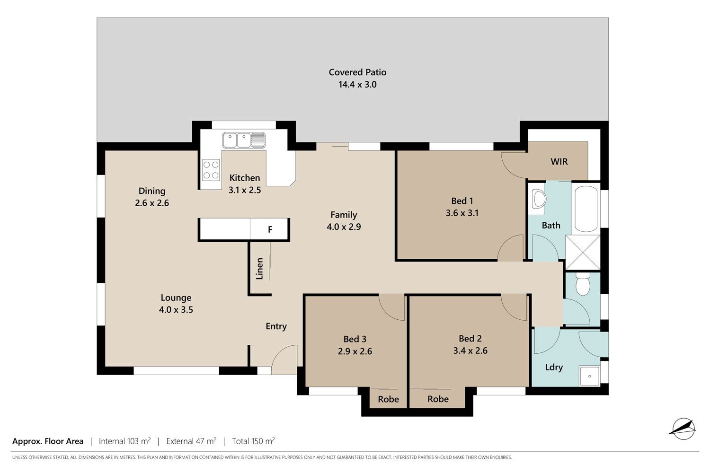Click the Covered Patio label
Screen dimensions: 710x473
357,72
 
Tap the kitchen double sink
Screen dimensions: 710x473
244,140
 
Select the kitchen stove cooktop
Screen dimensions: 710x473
211,170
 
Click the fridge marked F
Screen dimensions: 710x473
269,229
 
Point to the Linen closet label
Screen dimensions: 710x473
259,269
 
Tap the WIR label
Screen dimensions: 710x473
559,162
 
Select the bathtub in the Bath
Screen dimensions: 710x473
586,209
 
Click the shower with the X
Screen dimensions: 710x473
583,253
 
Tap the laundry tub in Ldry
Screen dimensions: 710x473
590,376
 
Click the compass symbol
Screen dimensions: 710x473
683,429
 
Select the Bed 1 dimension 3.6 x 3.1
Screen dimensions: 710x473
462,213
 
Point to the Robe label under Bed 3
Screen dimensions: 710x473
388,399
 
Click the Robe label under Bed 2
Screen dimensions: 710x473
438,399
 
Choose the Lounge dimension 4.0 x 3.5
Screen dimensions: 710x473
176,309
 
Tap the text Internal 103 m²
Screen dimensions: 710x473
124,441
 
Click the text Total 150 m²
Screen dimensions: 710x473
253,441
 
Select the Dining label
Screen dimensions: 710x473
152,191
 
